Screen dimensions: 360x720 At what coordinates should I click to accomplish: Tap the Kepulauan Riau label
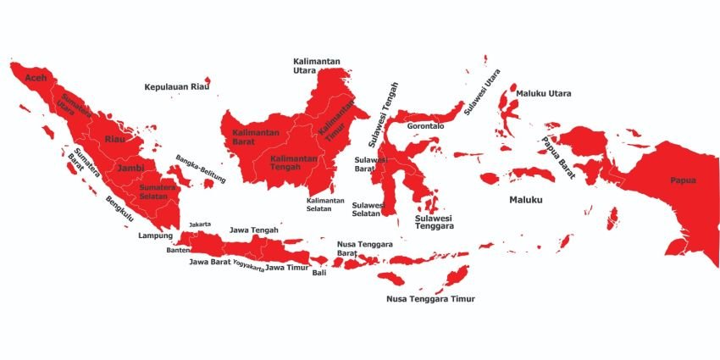tap(176, 86)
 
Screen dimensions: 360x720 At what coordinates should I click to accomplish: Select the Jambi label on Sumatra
tap(130, 168)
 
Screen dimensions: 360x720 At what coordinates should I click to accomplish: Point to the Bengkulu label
tap(119, 208)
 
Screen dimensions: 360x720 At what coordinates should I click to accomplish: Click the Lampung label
tap(155, 235)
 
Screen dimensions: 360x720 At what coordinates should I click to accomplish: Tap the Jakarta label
tap(200, 224)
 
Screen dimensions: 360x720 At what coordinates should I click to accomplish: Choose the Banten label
tap(179, 250)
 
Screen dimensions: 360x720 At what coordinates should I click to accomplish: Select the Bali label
tap(318, 273)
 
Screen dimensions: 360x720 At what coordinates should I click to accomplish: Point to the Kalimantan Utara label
tap(316, 65)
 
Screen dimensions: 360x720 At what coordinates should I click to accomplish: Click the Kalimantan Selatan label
tap(325, 205)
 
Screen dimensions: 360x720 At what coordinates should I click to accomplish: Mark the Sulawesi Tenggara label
tap(435, 223)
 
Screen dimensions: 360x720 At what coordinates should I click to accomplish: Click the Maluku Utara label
tap(544, 93)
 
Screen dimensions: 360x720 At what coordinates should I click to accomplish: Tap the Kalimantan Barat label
tap(252, 137)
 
